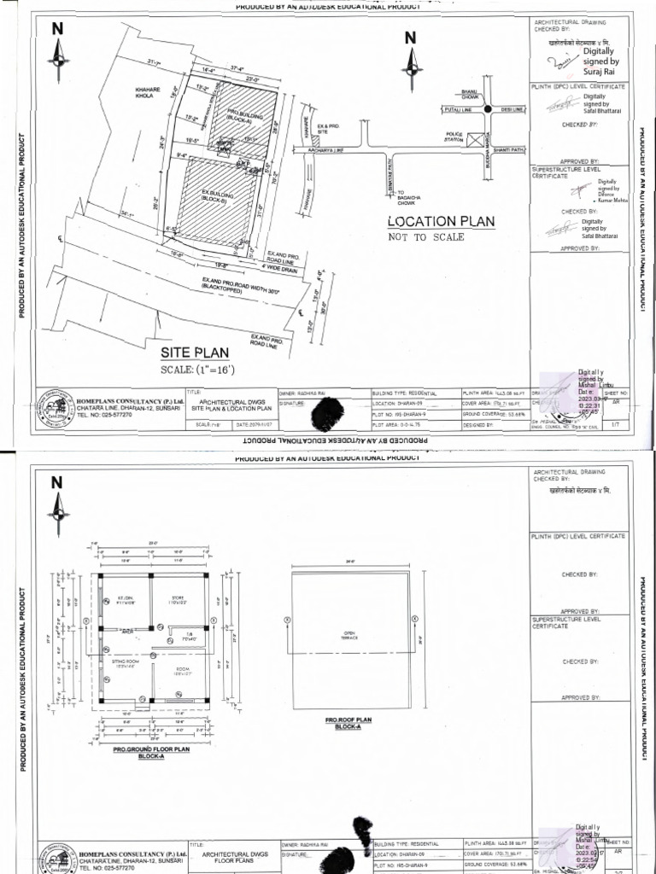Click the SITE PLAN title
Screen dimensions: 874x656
pyautogui.click(x=195, y=352)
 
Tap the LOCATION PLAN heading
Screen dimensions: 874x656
pyautogui.click(x=441, y=221)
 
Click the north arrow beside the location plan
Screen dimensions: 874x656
pyautogui.click(x=411, y=55)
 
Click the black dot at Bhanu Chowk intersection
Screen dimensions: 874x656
pyautogui.click(x=487, y=109)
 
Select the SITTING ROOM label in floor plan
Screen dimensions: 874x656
pyautogui.click(x=126, y=662)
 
